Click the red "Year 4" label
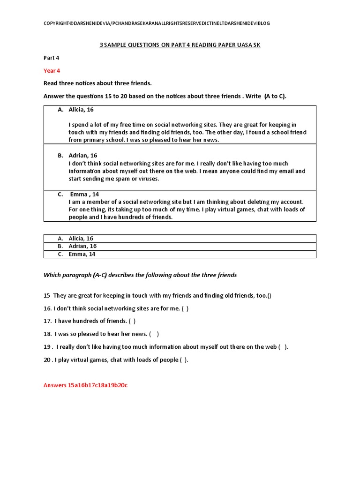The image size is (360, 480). pos(52,71)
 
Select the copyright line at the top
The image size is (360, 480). pos(157,23)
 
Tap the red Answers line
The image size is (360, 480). pos(85,385)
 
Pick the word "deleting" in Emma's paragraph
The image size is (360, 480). pos(254,202)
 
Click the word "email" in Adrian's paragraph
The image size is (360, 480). pos(285,171)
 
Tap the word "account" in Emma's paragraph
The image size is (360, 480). pos(291,202)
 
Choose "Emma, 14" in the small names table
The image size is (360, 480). pos(82,254)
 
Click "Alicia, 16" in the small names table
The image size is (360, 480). pos(81,239)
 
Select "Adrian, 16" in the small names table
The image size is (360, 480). pos(82,246)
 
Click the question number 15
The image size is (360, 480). pos(47,295)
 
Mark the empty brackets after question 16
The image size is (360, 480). pos(185,308)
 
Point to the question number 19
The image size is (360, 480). pos(47,347)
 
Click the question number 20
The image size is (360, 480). pos(47,360)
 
